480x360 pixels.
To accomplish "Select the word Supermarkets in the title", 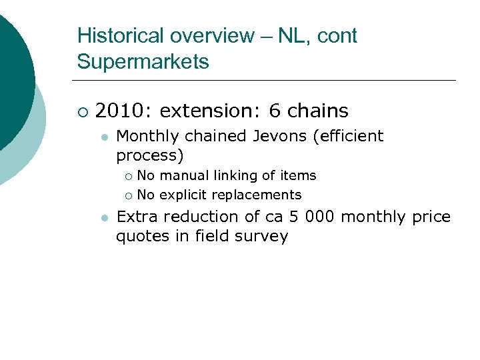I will [x=143, y=62].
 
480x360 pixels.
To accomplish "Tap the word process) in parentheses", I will [x=150, y=155].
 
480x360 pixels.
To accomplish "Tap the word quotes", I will [x=139, y=236].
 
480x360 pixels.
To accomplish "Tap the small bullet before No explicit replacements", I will [x=128, y=195].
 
